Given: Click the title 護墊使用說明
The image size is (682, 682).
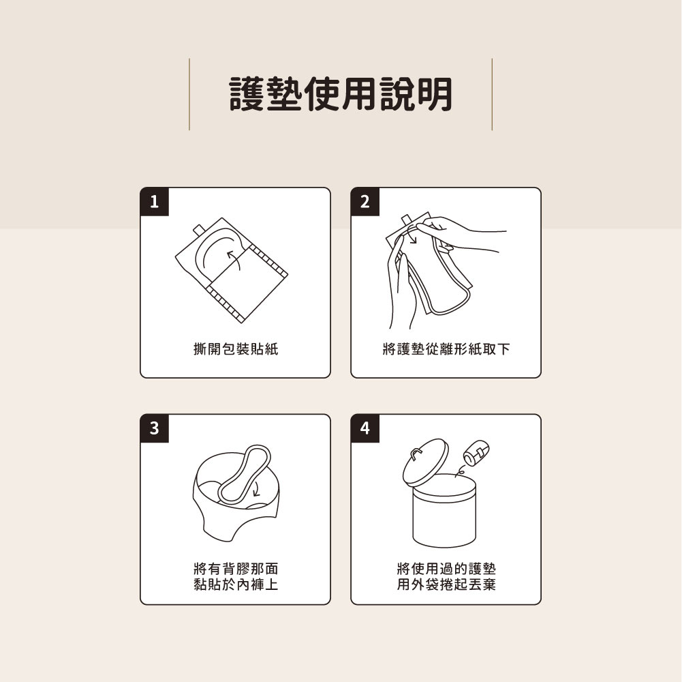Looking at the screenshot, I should [x=341, y=94].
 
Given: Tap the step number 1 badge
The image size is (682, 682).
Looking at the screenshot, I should [x=155, y=203].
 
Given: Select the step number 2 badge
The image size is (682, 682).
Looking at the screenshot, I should [x=365, y=203].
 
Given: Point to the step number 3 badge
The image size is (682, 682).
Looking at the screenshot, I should [x=155, y=429].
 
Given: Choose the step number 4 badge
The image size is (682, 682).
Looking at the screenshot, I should [x=365, y=429].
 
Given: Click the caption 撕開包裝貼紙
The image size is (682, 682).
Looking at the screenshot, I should [x=235, y=350].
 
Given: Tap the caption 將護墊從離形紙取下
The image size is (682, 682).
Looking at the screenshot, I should [x=446, y=350].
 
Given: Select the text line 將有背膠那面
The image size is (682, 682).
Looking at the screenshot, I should [x=235, y=569].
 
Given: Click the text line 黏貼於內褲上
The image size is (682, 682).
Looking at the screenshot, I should [x=235, y=584].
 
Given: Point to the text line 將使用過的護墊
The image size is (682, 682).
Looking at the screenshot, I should [x=446, y=569].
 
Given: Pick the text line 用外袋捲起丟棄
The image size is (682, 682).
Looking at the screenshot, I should [x=446, y=584].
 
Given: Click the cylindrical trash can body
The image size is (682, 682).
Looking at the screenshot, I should [x=444, y=515].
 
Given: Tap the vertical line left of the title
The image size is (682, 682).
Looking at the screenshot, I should [x=189, y=94].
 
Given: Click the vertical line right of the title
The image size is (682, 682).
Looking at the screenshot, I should [x=491, y=94].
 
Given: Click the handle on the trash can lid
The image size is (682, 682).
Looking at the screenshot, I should [x=417, y=453].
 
